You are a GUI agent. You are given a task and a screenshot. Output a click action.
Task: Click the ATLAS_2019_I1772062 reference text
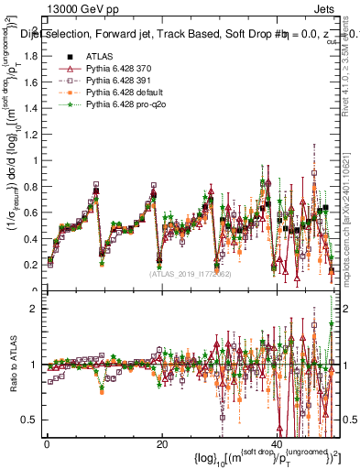[190, 273]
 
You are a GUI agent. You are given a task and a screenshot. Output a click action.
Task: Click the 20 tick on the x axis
[161, 444]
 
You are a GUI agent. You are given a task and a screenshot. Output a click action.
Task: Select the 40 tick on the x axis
[277, 444]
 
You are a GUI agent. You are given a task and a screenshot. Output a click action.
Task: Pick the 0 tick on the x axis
[47, 444]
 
